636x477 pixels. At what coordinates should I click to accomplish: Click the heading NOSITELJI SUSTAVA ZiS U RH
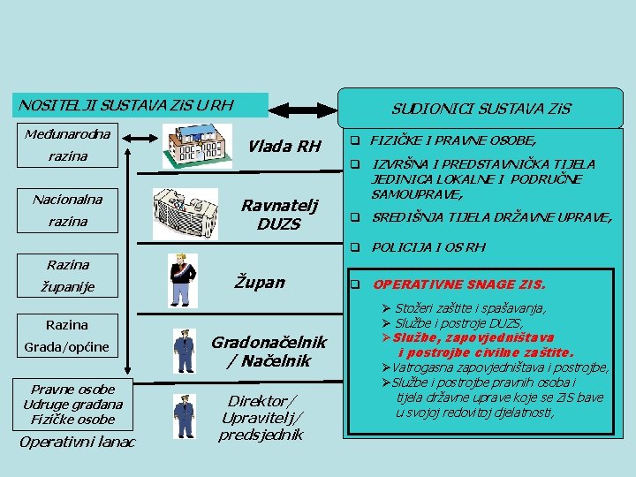click(x=126, y=105)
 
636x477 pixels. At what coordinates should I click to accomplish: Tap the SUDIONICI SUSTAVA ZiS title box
click(x=481, y=109)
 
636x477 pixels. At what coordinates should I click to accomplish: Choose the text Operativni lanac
click(x=78, y=442)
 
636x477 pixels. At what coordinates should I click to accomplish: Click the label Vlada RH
click(x=284, y=146)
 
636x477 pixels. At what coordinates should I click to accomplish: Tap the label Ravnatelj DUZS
click(x=278, y=214)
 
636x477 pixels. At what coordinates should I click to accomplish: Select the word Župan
click(x=260, y=282)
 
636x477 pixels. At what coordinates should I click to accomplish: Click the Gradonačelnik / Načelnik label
click(x=268, y=351)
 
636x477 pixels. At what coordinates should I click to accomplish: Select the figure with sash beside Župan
click(x=183, y=279)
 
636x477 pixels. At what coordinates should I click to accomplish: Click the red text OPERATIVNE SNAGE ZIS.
click(x=459, y=284)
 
